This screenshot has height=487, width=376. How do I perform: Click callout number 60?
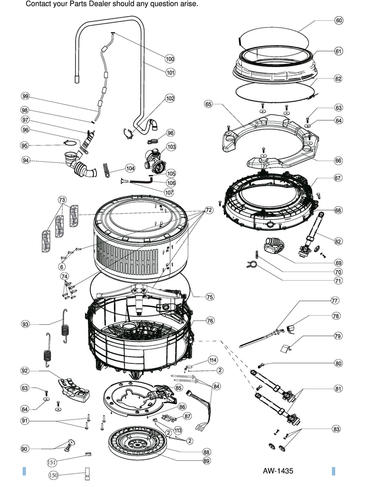pos(339,20)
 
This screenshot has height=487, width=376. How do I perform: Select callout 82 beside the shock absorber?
pos(338,242)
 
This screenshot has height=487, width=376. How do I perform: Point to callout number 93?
pos(26,324)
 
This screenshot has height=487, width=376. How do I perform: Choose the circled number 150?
pos(53,475)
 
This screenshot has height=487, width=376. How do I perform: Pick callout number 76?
pos(210,321)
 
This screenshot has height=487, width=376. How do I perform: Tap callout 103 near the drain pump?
pos(171,147)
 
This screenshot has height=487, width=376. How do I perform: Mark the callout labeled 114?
pos(212,360)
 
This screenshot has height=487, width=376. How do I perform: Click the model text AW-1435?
pos(278,471)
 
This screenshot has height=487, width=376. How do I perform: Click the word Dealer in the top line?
pos(99,4)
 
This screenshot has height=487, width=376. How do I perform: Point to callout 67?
pos(338,178)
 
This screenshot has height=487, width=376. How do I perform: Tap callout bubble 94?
pos(26,160)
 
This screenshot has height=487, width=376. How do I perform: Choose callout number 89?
pos(206,461)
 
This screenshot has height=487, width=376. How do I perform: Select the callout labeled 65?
pos(208,104)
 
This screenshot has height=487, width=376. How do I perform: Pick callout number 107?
pos(169,193)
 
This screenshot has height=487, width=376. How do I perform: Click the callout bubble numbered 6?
pos(61,266)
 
